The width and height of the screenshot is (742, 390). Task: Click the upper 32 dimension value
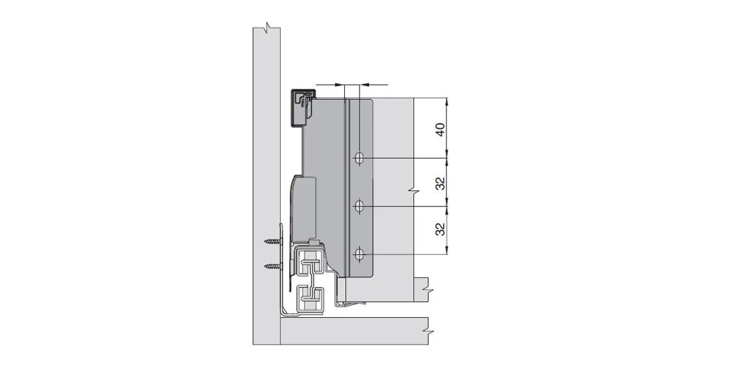[x=440, y=183]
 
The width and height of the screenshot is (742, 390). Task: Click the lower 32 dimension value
[x=440, y=230]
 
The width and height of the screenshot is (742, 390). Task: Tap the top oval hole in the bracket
[x=359, y=158]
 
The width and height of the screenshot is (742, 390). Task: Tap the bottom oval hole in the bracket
[x=359, y=255]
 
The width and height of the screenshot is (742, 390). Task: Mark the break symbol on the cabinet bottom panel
[x=425, y=331]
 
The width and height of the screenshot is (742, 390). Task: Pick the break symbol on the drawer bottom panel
[x=425, y=290]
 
